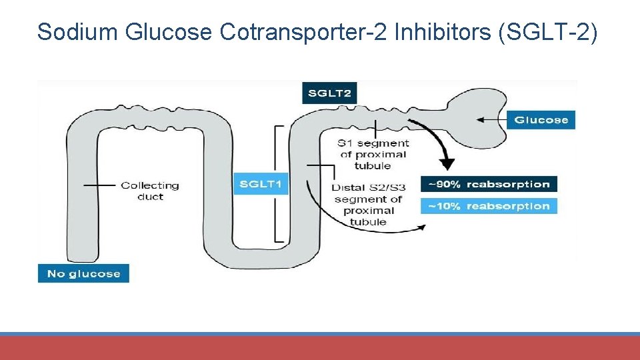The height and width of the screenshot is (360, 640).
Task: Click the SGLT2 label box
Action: (329, 93)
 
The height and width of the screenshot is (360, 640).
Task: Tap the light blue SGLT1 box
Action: (261, 183)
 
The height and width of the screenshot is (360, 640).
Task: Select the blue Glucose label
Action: (541, 120)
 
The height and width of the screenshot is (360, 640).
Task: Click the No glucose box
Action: (83, 273)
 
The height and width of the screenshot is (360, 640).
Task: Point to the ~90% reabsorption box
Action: (489, 184)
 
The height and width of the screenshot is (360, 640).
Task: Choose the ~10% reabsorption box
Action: (489, 206)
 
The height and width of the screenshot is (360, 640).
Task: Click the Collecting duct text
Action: (150, 191)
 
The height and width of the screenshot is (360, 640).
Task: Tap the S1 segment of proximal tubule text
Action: (373, 154)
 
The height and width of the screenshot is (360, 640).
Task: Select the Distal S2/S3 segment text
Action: (369, 204)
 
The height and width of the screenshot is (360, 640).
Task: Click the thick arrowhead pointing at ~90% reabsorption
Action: (447, 164)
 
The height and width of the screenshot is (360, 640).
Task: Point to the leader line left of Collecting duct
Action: (100, 185)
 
